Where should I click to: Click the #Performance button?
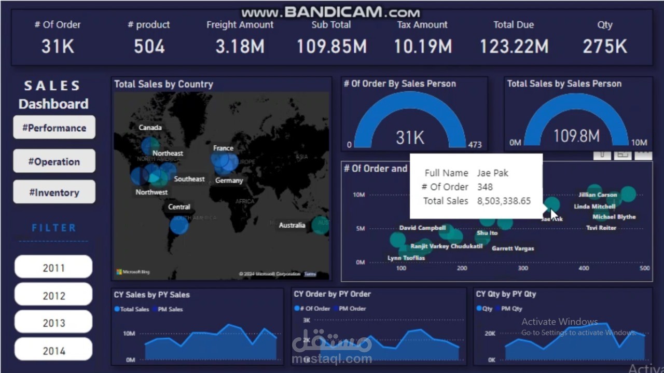pyautogui.click(x=54, y=128)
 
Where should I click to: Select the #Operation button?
pyautogui.click(x=54, y=161)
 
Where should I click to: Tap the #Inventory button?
pyautogui.click(x=54, y=192)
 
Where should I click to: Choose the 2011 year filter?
pyautogui.click(x=53, y=268)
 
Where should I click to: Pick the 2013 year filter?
pyautogui.click(x=53, y=323)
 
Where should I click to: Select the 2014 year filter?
pyautogui.click(x=53, y=351)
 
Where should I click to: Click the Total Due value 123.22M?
pyautogui.click(x=514, y=47)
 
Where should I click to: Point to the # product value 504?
pyautogui.click(x=149, y=47)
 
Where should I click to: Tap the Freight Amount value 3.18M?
pyautogui.click(x=240, y=47)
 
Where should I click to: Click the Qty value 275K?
pyautogui.click(x=604, y=47)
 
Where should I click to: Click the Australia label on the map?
pyautogui.click(x=292, y=225)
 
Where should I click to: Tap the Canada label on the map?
pyautogui.click(x=150, y=127)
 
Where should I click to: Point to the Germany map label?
pyautogui.click(x=229, y=181)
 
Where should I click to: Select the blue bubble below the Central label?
pyautogui.click(x=179, y=225)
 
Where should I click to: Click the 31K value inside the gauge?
pyautogui.click(x=410, y=137)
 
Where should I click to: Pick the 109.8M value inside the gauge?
pyautogui.click(x=576, y=136)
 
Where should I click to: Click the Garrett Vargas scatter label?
pyautogui.click(x=513, y=248)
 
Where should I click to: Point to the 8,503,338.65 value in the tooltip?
pyautogui.click(x=504, y=201)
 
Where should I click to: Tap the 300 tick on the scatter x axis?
pyautogui.click(x=523, y=268)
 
